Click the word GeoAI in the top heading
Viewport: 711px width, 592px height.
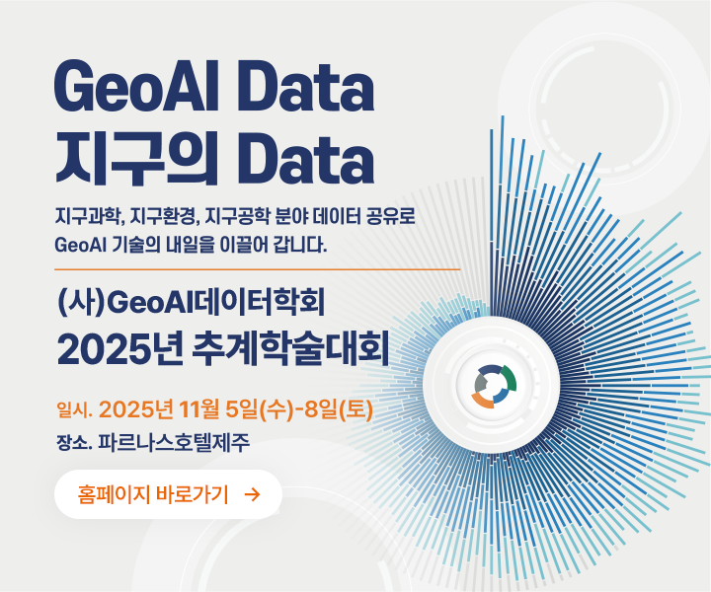click(136, 87)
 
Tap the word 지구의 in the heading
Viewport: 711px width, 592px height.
click(137, 160)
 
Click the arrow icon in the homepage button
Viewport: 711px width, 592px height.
click(252, 494)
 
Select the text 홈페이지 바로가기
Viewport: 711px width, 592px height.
click(153, 494)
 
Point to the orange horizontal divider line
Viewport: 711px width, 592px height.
click(257, 269)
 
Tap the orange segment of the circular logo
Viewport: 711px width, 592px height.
click(483, 400)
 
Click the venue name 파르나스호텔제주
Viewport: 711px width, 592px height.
click(174, 443)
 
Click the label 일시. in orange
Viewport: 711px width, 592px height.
click(74, 410)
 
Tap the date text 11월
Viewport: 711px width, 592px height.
click(198, 409)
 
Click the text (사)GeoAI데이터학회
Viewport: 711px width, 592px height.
click(191, 303)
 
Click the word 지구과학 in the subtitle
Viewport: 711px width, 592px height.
click(90, 217)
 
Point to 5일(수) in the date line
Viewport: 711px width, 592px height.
click(260, 409)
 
